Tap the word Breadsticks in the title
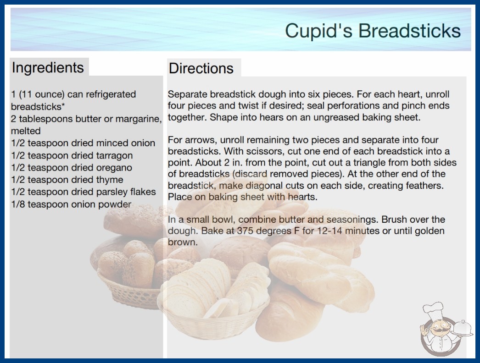coord(410,31)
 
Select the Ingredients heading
coord(48,68)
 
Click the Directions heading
coord(201,68)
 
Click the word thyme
coord(110,180)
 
